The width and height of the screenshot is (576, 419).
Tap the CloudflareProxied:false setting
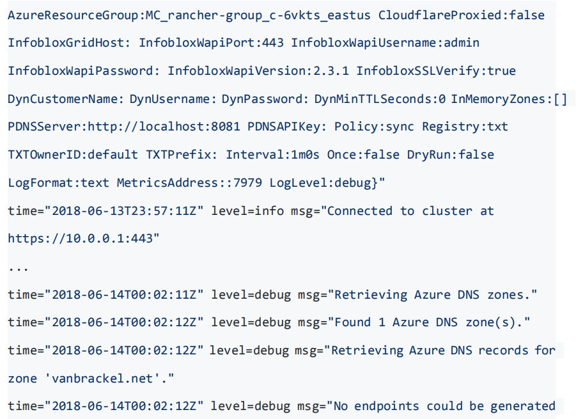[462, 15]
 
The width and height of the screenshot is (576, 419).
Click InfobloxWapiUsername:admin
[385, 43]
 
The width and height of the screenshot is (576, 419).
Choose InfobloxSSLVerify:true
[436, 70]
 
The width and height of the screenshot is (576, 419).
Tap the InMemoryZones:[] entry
[509, 99]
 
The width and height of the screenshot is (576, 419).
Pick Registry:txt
[465, 127]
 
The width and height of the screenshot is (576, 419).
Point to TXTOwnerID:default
[72, 154]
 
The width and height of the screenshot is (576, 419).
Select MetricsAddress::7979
[189, 183]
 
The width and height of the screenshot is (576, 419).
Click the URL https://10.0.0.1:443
[84, 239]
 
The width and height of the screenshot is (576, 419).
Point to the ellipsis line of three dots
[19, 268]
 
